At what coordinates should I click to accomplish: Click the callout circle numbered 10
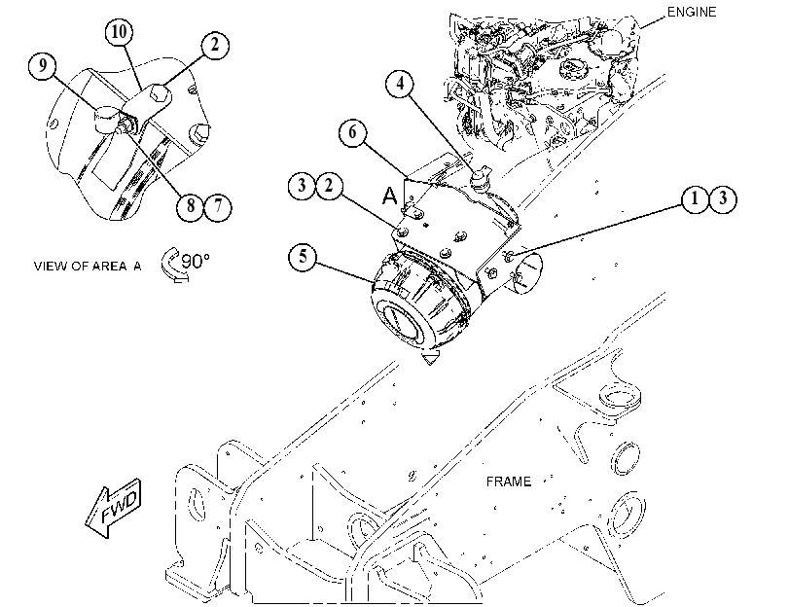pyautogui.click(x=120, y=32)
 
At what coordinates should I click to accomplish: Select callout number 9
pyautogui.click(x=43, y=65)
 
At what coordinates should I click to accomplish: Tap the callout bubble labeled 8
pyautogui.click(x=191, y=205)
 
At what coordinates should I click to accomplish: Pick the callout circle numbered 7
pyautogui.click(x=218, y=205)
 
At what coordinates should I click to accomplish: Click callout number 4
pyautogui.click(x=400, y=83)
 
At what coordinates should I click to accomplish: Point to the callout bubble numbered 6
pyautogui.click(x=353, y=132)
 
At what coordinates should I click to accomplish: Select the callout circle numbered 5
pyautogui.click(x=303, y=256)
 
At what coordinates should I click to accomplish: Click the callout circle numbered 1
pyautogui.click(x=696, y=198)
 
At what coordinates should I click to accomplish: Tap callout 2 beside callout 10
pyautogui.click(x=215, y=45)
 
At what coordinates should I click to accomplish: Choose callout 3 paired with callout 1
pyautogui.click(x=723, y=198)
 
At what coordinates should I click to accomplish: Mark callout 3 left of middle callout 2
pyautogui.click(x=302, y=186)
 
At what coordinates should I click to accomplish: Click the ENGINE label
pyautogui.click(x=692, y=12)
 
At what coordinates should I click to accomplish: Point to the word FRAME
pyautogui.click(x=508, y=482)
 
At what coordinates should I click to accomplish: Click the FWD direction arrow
pyautogui.click(x=114, y=508)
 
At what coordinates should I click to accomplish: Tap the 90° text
pyautogui.click(x=196, y=261)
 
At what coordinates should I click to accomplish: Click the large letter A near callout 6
pyautogui.click(x=389, y=196)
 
